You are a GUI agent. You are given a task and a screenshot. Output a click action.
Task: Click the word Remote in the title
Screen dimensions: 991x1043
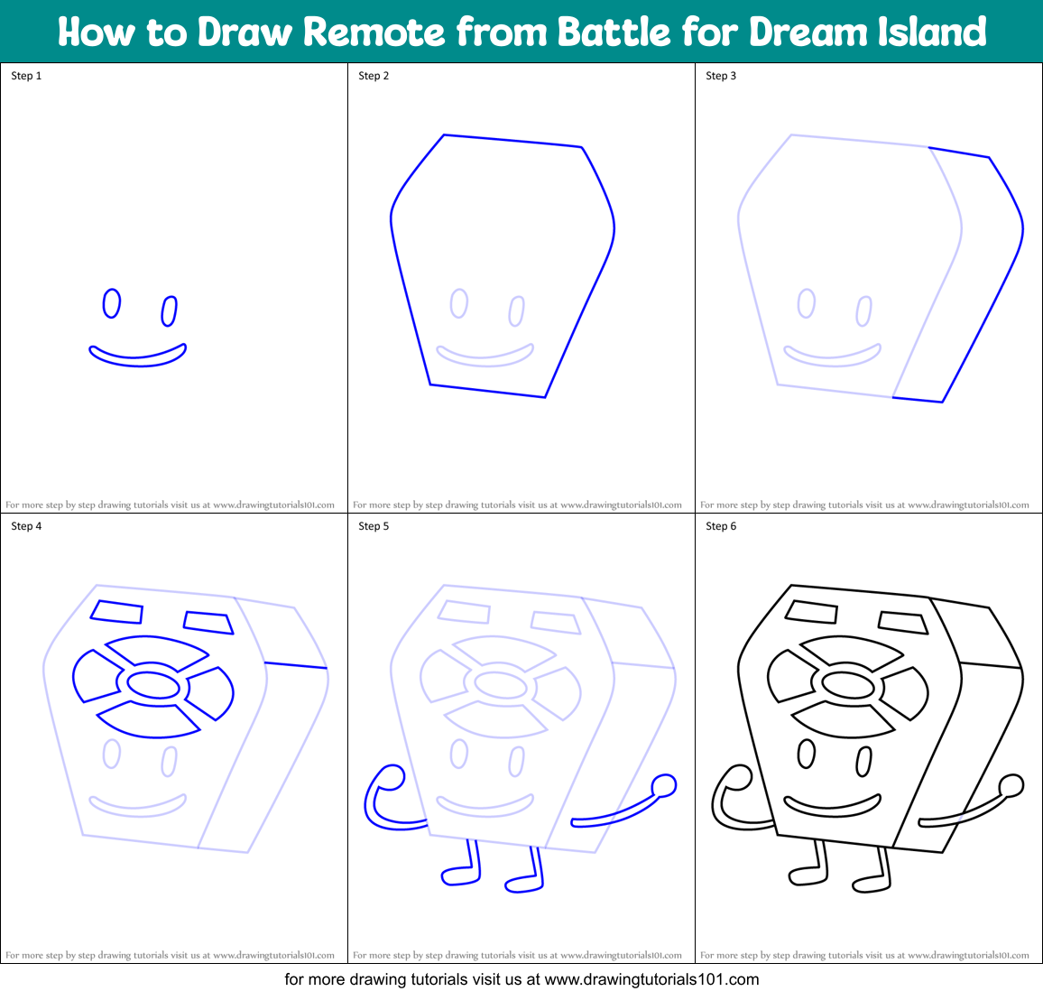(374, 32)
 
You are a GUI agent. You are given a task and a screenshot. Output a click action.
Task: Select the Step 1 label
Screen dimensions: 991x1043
(26, 76)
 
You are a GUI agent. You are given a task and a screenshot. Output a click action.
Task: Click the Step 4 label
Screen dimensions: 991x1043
(26, 526)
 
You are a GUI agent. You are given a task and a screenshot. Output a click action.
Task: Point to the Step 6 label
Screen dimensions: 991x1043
(721, 526)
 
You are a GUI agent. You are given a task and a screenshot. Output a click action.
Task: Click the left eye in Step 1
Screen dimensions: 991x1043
(111, 303)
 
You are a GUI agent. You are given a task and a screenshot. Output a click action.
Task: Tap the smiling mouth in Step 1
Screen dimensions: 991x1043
(137, 357)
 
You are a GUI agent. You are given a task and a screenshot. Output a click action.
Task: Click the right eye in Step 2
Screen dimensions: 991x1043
(517, 311)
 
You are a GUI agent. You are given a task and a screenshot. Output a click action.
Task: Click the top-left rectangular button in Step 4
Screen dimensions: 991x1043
(117, 611)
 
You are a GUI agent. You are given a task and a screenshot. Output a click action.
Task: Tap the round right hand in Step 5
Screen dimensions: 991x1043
(664, 785)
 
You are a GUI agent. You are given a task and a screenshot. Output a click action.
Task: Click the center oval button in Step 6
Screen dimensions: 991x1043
(848, 685)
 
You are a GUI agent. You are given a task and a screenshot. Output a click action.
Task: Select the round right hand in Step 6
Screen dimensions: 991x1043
(1011, 785)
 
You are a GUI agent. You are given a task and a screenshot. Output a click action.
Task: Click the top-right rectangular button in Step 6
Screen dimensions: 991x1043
(903, 622)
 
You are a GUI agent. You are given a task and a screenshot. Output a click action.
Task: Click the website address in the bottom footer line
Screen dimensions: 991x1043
(651, 979)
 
